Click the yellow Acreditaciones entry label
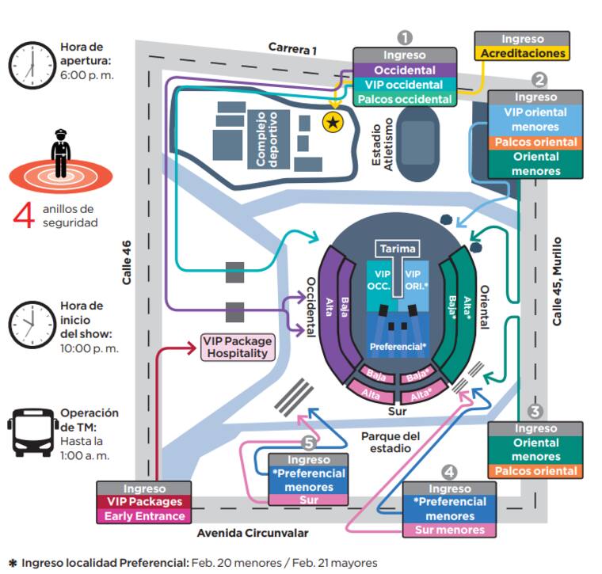(522, 54)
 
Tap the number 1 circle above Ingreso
(405, 37)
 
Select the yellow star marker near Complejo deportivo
(333, 121)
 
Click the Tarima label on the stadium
(398, 249)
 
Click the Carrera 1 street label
(292, 49)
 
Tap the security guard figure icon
(60, 155)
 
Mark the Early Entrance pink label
(144, 516)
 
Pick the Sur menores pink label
(449, 530)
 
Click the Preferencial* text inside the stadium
(398, 347)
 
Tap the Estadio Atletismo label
(383, 143)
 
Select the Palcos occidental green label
(405, 100)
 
